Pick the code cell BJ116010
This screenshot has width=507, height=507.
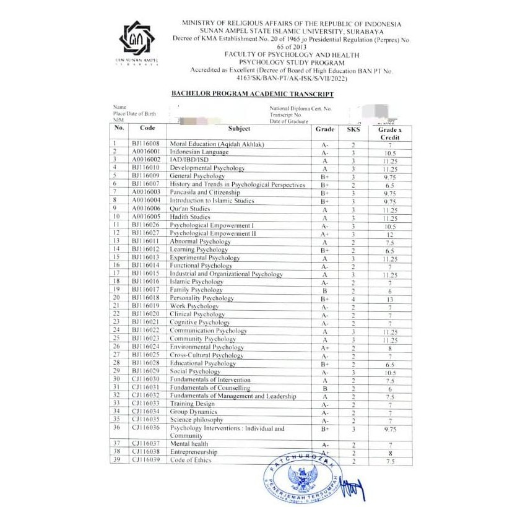tap(146, 168)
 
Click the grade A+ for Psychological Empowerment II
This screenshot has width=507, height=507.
tap(324, 234)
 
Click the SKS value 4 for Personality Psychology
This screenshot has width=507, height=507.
tap(353, 298)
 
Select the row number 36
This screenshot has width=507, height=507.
tap(116, 428)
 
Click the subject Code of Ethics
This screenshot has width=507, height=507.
tap(190, 461)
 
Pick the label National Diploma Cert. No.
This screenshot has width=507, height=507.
tap(300, 108)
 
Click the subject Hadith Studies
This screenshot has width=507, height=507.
tap(190, 217)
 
